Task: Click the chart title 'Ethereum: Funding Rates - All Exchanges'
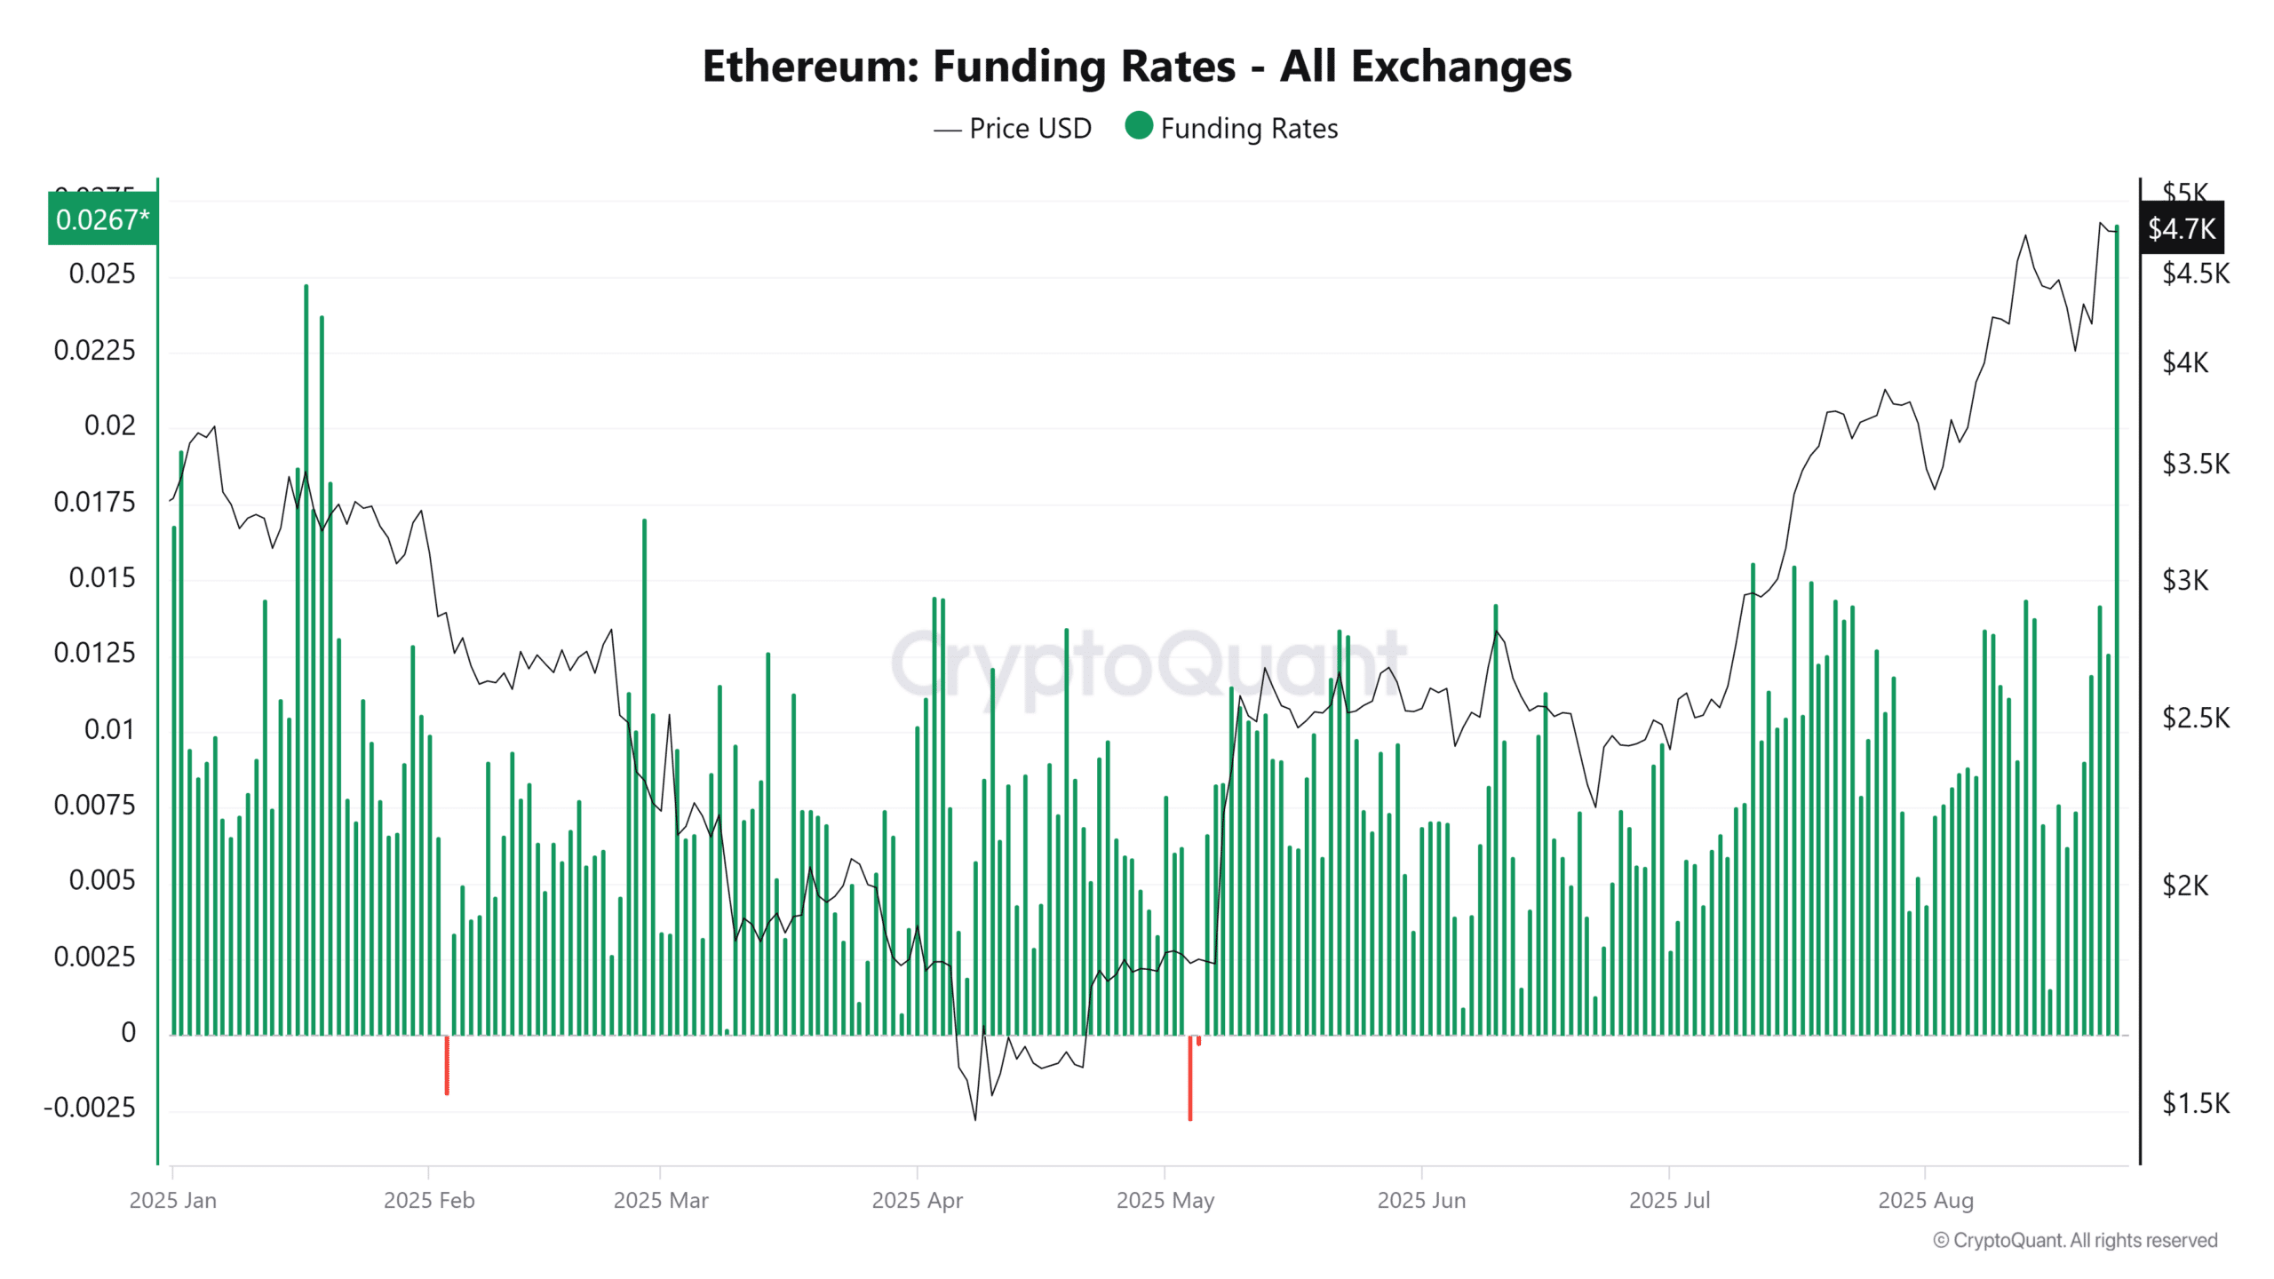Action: click(1136, 67)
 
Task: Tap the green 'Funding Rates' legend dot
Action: click(1138, 126)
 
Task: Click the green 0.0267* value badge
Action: click(102, 219)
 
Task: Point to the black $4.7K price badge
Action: click(2181, 229)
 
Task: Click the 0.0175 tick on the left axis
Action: click(94, 502)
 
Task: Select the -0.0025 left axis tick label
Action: click(90, 1108)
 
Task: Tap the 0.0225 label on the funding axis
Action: click(94, 350)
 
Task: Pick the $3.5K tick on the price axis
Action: click(2195, 464)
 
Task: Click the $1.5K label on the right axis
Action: click(2195, 1103)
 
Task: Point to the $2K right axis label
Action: click(2184, 886)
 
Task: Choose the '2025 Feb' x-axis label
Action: click(429, 1201)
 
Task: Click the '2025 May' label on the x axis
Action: click(1165, 1201)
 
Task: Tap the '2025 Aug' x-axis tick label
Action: click(1925, 1201)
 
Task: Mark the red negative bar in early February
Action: click(447, 1065)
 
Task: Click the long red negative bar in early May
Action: click(1190, 1078)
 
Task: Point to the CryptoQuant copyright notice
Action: click(2075, 1241)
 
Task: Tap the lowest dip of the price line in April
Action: click(975, 1118)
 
